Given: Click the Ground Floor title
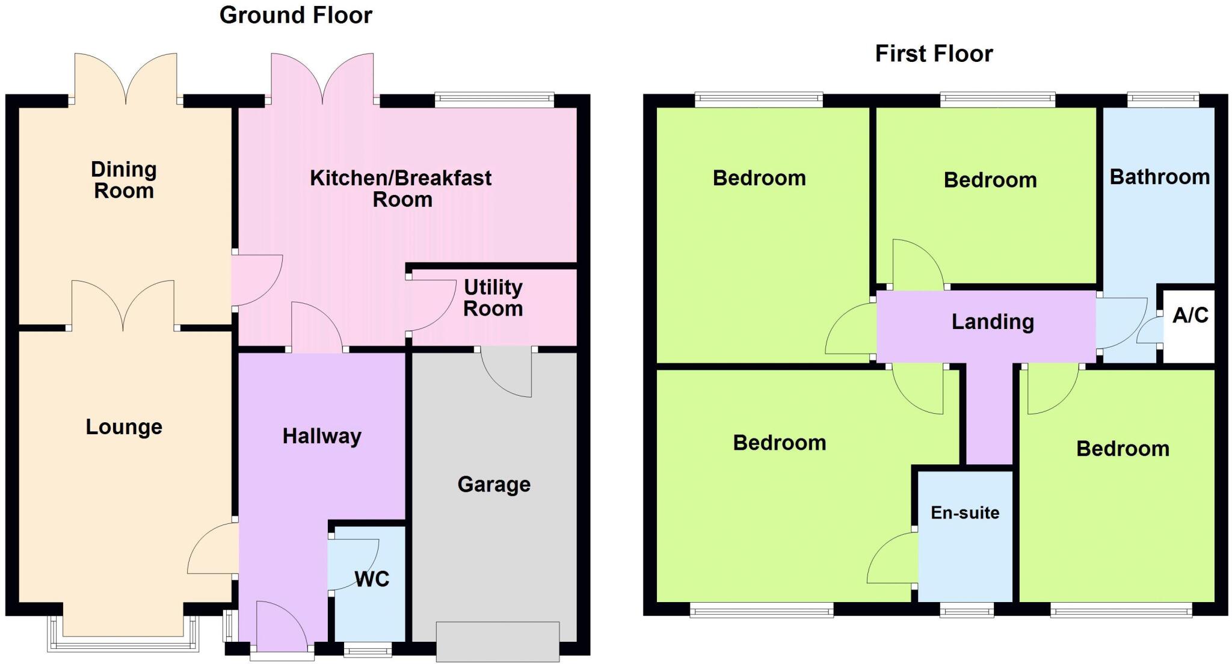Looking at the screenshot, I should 295,15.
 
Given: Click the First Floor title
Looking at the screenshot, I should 933,54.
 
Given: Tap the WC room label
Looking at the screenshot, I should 372,579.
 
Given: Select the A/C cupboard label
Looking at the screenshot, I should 1190,315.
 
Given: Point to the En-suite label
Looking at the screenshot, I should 965,512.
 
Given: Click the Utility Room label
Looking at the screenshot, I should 493,298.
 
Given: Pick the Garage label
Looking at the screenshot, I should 494,484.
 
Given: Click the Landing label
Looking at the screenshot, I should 993,322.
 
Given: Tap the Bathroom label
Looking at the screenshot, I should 1159,177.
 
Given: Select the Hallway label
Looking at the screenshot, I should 322,436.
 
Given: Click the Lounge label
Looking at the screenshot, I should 124,427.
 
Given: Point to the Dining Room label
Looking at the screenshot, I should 124,180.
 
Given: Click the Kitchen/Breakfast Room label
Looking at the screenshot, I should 401,188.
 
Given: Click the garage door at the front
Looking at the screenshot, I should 497,641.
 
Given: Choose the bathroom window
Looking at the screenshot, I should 1162,99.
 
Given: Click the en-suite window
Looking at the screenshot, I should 966,612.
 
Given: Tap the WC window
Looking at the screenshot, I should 368,650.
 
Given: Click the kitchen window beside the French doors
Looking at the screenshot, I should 494,100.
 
